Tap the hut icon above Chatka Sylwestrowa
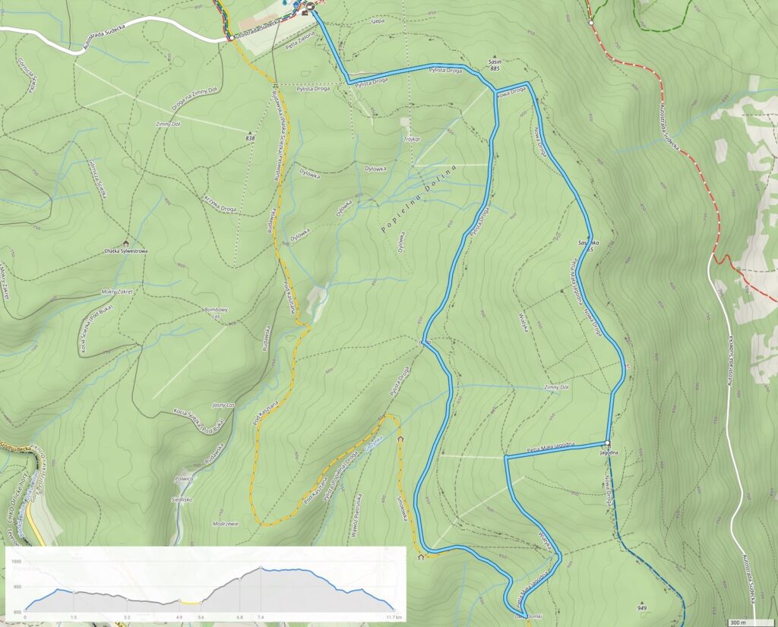coord(125,243)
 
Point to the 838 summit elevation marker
coord(250,138)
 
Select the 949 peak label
coord(642,609)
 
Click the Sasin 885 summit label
coord(494,65)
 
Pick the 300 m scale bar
coord(748,622)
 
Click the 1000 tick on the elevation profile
coord(16,560)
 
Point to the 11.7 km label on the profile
coord(392,618)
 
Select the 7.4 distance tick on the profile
coord(261,618)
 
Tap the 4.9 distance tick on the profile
coord(180,618)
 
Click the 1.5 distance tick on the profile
coord(74,618)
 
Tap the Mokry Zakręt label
coord(117,291)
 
